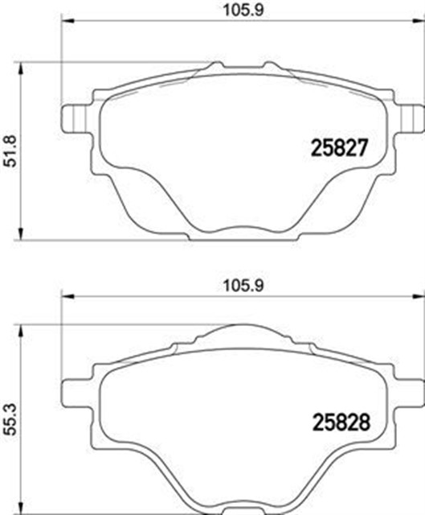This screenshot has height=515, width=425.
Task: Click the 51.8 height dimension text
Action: (10, 150)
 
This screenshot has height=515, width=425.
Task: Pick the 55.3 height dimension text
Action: (10, 418)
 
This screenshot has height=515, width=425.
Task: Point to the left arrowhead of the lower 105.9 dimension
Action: (67, 298)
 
